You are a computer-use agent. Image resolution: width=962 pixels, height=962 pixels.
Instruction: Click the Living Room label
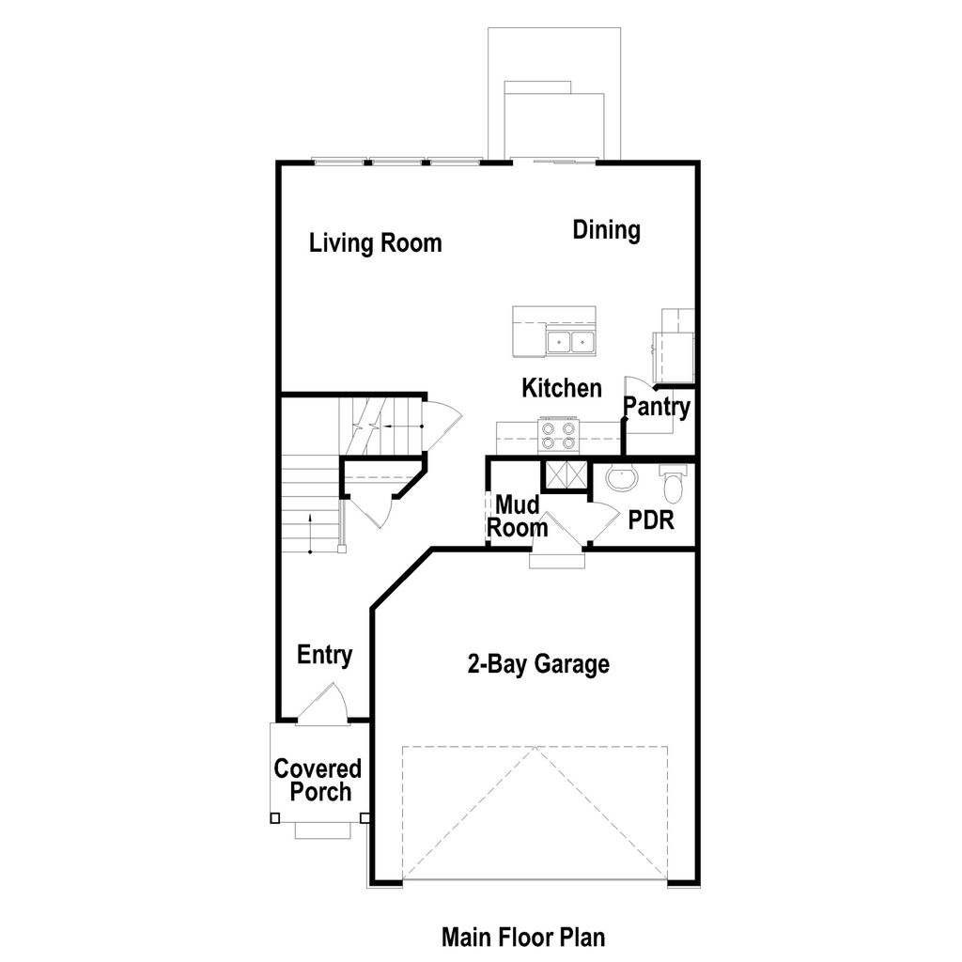pyautogui.click(x=376, y=243)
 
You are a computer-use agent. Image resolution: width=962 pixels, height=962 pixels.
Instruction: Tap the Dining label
pyautogui.click(x=607, y=230)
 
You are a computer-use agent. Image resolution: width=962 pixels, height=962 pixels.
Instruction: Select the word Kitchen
pyautogui.click(x=562, y=388)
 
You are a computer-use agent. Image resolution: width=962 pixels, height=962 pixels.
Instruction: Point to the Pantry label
pyautogui.click(x=658, y=408)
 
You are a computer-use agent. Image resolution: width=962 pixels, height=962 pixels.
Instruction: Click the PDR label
pyautogui.click(x=652, y=520)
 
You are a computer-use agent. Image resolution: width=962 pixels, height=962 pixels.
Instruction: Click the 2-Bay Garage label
pyautogui.click(x=538, y=665)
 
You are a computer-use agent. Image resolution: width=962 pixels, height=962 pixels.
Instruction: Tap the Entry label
pyautogui.click(x=324, y=655)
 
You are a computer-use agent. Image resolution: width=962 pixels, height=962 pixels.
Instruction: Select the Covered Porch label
pyautogui.click(x=318, y=780)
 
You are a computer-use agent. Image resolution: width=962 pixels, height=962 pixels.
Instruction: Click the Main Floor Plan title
pyautogui.click(x=523, y=937)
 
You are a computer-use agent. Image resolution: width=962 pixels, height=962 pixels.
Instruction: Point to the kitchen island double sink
pyautogui.click(x=572, y=341)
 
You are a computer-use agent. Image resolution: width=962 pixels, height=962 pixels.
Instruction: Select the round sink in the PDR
pyautogui.click(x=620, y=480)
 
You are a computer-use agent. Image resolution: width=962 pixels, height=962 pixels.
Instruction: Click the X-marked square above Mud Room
pyautogui.click(x=565, y=475)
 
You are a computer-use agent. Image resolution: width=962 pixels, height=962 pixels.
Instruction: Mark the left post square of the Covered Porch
pyautogui.click(x=274, y=817)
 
